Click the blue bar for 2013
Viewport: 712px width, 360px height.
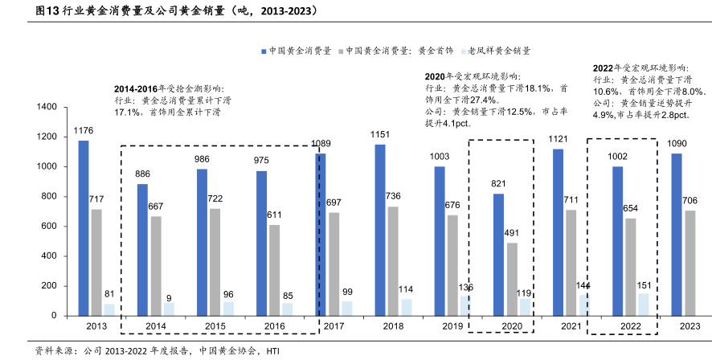click(84, 228)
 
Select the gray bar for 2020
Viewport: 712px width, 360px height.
click(512, 279)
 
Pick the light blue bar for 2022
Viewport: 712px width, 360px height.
click(643, 305)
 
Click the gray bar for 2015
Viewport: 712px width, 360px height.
click(215, 262)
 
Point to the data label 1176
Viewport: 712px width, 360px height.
click(84, 130)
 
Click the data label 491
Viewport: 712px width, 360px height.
click(512, 233)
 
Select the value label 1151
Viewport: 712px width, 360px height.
click(380, 134)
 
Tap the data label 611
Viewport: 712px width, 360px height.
click(274, 215)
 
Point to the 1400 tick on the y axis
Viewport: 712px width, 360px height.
click(45, 107)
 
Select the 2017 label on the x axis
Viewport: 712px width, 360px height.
click(333, 326)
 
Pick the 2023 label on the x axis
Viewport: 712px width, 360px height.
click(689, 326)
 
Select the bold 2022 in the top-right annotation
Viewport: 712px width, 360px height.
click(604, 68)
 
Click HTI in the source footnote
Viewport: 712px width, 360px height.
click(273, 351)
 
